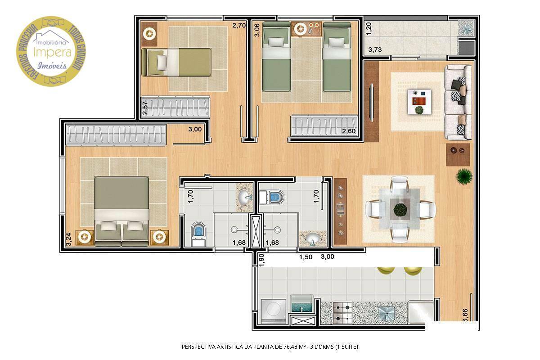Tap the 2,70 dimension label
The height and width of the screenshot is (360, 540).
[x=238, y=26]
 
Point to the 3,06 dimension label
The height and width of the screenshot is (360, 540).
[x=256, y=33]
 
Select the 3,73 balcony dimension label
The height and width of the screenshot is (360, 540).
[x=375, y=50]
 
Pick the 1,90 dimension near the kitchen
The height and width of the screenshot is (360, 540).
[x=261, y=260]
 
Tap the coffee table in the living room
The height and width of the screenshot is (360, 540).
[x=419, y=102]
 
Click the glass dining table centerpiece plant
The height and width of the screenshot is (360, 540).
[x=399, y=209]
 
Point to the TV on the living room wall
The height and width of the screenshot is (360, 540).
[x=372, y=103]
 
